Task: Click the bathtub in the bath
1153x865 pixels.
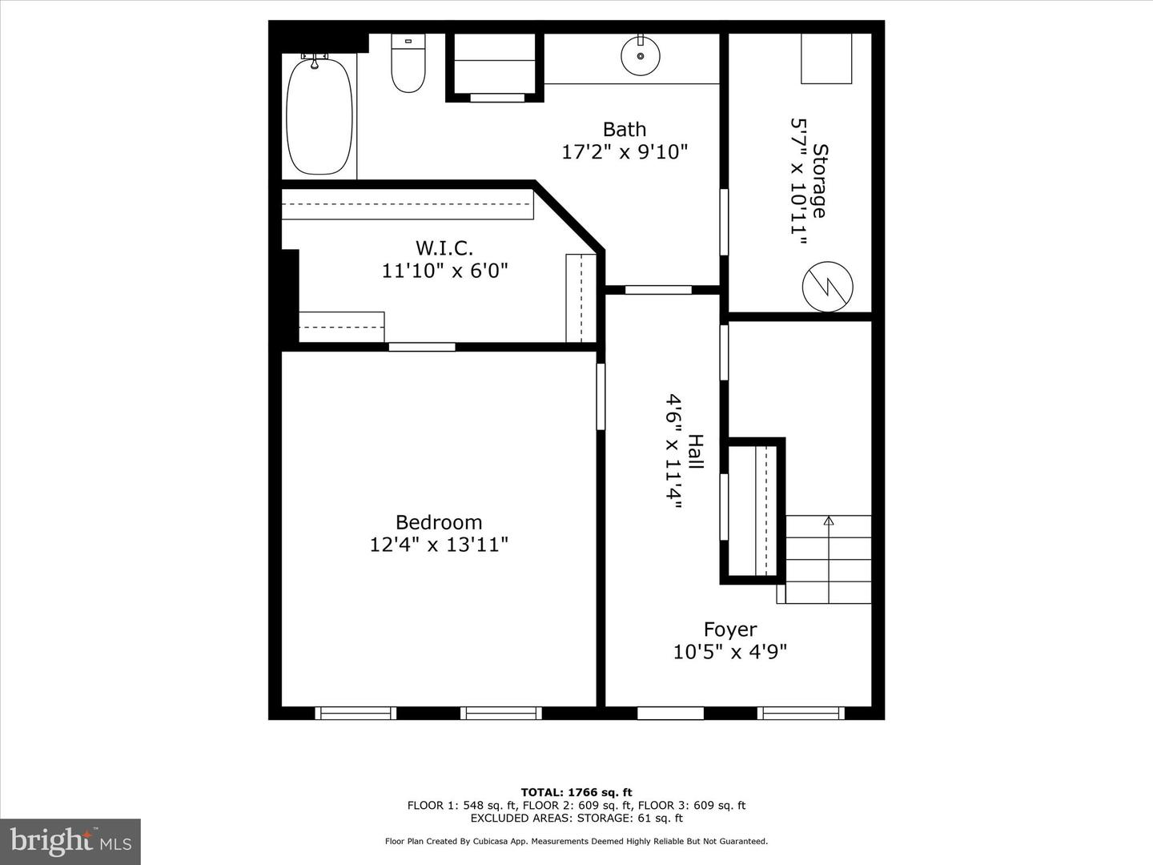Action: [x=319, y=115]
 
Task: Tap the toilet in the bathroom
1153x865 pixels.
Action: [x=408, y=64]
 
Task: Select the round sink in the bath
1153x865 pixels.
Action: [x=640, y=55]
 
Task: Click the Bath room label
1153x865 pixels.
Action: [x=624, y=129]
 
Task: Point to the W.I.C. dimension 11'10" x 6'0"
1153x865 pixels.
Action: [x=444, y=271]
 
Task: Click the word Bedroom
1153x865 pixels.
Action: [x=439, y=522]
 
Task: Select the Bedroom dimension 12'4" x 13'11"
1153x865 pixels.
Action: [x=439, y=545]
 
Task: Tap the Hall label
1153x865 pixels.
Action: [x=696, y=452]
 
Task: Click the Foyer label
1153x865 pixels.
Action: [x=730, y=630]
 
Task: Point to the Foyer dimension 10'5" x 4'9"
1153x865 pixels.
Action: [x=730, y=652]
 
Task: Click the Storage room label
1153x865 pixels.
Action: [x=819, y=180]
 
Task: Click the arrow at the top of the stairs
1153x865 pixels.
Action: [x=829, y=521]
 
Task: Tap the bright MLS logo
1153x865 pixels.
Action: [x=70, y=841]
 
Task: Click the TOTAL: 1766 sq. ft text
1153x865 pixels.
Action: [x=576, y=793]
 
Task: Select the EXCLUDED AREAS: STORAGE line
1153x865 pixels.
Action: [x=576, y=819]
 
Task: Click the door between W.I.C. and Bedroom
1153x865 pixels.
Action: [x=422, y=347]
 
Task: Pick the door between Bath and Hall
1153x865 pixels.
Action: [x=658, y=289]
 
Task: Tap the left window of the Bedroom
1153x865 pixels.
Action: [x=356, y=713]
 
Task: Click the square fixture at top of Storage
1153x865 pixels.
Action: [x=826, y=58]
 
